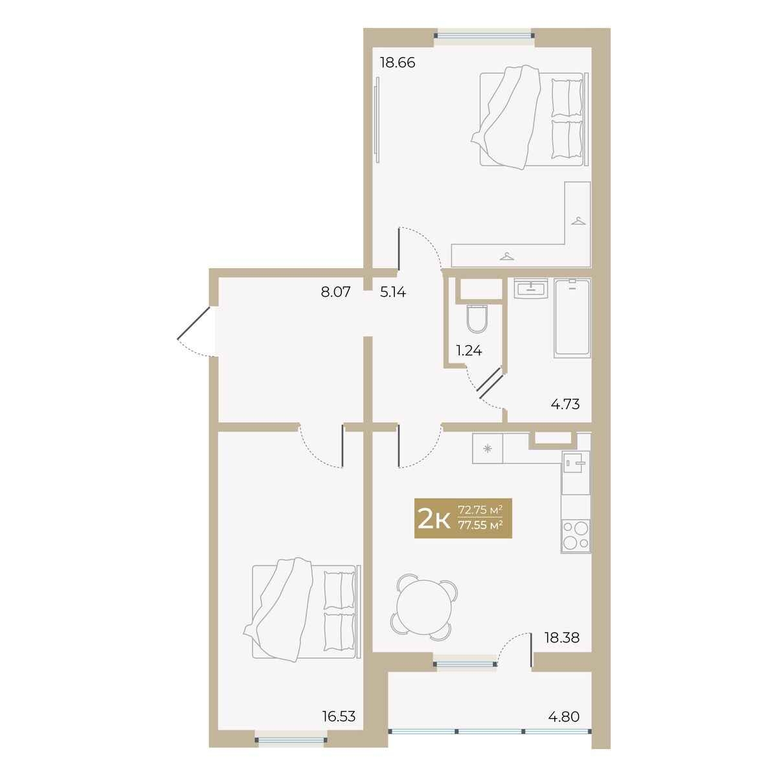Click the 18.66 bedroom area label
398,63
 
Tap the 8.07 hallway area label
335,291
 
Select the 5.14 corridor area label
393,291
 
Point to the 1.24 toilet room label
469,351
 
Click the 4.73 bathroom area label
565,403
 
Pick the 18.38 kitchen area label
562,649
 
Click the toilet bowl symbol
477,319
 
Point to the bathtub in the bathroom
572,318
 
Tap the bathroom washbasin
531,289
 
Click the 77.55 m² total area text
480,525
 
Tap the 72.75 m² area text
480,510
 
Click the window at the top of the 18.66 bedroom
484,36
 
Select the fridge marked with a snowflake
488,448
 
